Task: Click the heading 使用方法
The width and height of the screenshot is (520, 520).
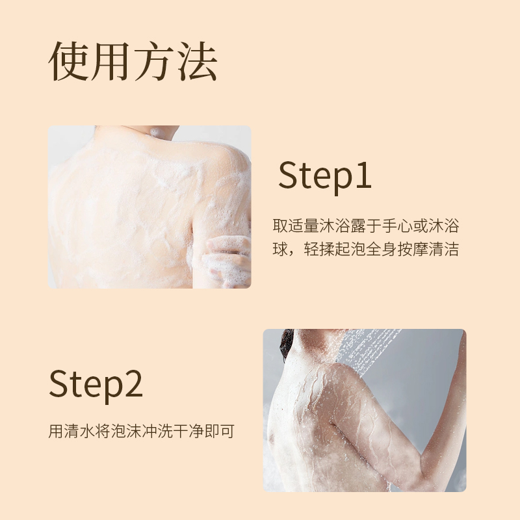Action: pos(133,62)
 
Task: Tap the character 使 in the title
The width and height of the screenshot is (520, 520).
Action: pos(69,62)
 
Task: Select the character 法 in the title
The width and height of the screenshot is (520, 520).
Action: pos(198,62)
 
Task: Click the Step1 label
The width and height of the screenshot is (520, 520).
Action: pos(324,175)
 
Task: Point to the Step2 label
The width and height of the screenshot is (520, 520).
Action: pos(96,384)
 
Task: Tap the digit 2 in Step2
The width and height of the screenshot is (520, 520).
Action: pos(134,383)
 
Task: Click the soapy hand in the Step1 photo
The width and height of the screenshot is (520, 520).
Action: pos(226,259)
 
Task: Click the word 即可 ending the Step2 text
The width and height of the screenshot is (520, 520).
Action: pos(220,431)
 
